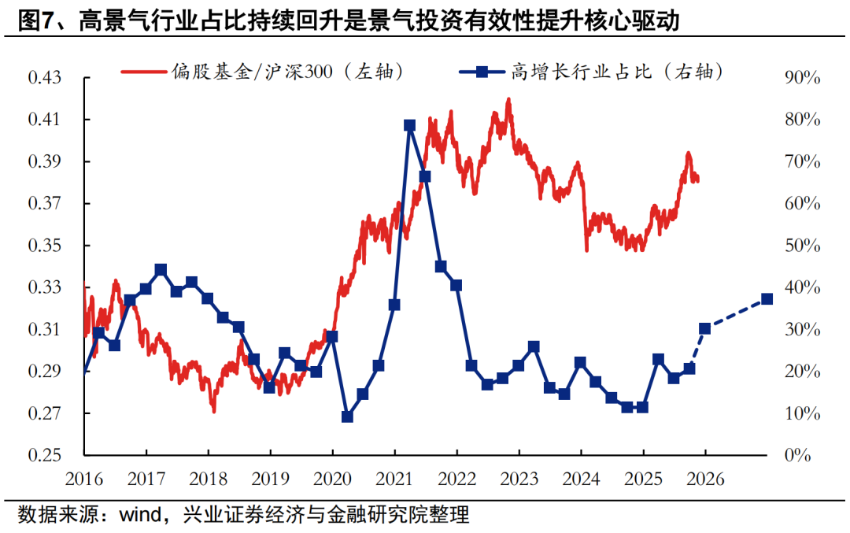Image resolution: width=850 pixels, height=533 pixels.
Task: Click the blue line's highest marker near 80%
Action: coord(409,125)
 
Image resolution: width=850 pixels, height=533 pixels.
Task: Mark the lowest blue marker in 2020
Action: coord(347,416)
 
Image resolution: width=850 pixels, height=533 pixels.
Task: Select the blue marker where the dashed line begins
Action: coord(705,328)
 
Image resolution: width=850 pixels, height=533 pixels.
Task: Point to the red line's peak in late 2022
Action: coord(508,99)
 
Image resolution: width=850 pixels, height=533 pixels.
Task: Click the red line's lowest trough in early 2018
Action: coord(213,410)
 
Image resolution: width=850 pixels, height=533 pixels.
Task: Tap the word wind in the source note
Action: coord(139,516)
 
